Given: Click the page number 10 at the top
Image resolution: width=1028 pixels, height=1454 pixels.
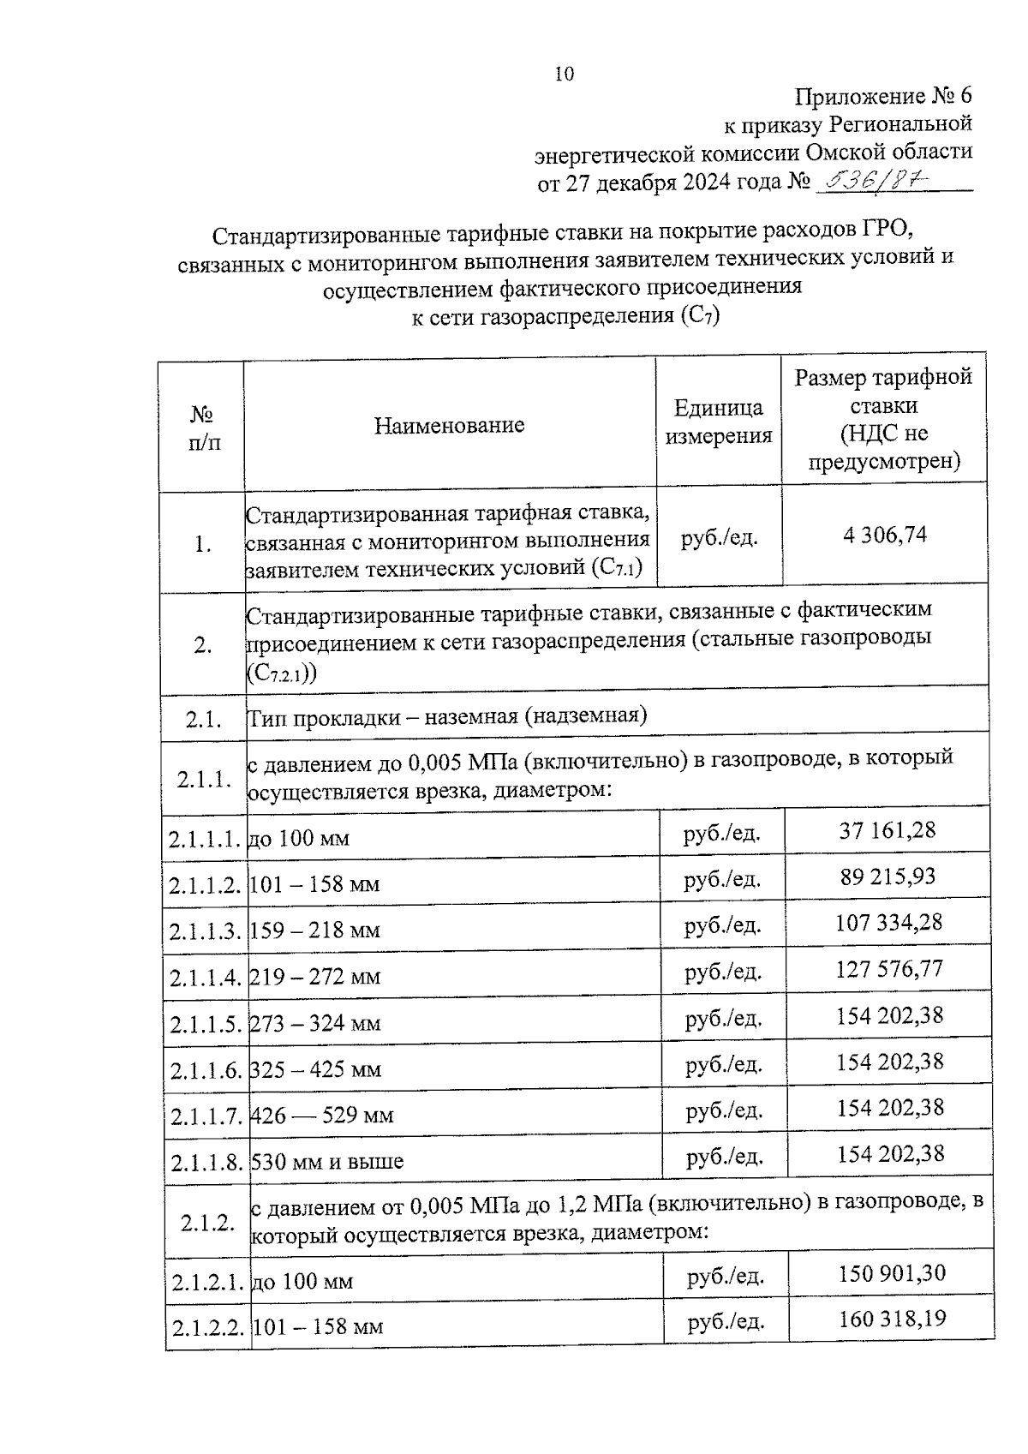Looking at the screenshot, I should click(x=565, y=74).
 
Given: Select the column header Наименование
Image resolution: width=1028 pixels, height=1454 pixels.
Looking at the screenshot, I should click(x=449, y=425).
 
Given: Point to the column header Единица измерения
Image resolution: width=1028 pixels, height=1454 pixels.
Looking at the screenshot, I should click(x=719, y=422).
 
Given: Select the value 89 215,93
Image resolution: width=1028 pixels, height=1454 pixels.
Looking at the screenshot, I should click(x=888, y=877).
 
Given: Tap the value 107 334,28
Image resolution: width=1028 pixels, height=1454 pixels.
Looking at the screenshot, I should click(x=888, y=923).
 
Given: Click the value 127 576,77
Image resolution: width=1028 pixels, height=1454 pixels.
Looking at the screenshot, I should click(x=889, y=969).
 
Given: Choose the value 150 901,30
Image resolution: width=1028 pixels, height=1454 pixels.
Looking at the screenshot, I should click(x=892, y=1273).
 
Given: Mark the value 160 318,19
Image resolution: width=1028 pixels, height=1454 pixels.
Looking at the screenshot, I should click(x=893, y=1319).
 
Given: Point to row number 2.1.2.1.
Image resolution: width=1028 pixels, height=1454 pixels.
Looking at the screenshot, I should click(x=207, y=1283).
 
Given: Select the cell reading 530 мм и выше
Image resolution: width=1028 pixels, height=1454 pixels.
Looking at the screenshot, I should click(x=326, y=1163).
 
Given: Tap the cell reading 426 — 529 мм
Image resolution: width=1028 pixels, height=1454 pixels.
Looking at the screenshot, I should click(x=322, y=1116).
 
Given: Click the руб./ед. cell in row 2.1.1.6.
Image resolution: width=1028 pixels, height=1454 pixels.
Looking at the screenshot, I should click(x=724, y=1064).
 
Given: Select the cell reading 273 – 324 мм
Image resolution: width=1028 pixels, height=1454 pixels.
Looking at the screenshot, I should click(x=315, y=1024).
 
